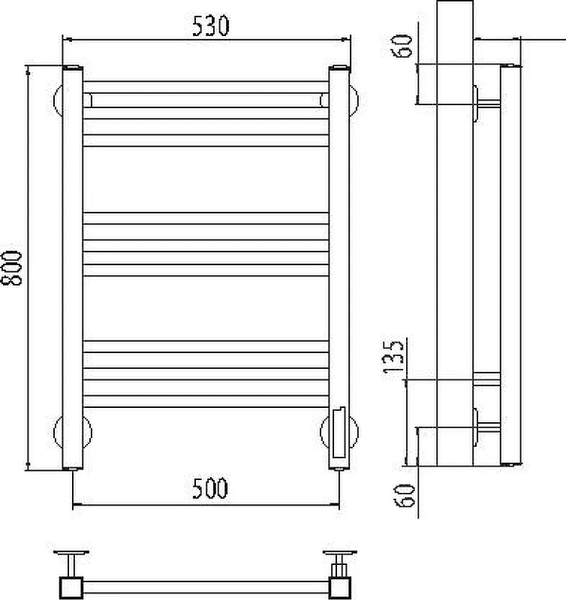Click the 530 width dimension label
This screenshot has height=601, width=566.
tap(210, 26)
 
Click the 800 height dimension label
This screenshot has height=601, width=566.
tap(11, 268)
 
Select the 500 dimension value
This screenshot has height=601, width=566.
tap(210, 488)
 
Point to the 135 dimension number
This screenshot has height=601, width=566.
tap(393, 357)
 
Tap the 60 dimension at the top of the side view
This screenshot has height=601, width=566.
tap(402, 46)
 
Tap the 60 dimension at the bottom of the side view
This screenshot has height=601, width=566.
tap(405, 495)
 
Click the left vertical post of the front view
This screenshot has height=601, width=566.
tap(72, 268)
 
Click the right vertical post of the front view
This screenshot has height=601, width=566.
tap(339, 268)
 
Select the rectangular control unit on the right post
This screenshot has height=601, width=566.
tap(339, 433)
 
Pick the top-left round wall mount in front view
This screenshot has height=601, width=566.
tap(57, 100)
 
